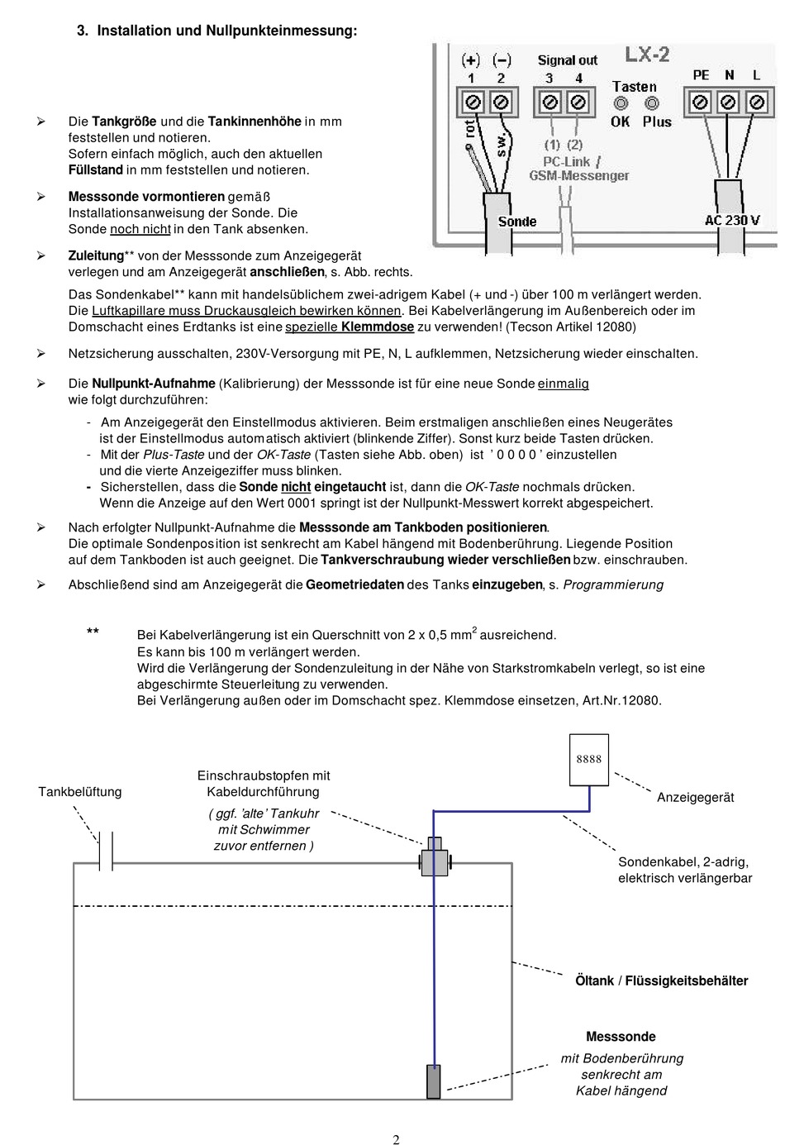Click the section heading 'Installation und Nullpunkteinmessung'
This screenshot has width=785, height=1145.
[x=226, y=31]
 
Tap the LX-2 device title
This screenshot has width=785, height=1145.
[x=647, y=55]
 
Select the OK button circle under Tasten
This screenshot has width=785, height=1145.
[x=621, y=103]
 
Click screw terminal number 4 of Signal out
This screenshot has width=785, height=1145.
[x=578, y=103]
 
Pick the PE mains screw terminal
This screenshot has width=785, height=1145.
[x=700, y=103]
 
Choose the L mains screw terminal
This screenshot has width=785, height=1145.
[x=756, y=103]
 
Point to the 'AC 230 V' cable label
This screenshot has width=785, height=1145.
[x=732, y=221]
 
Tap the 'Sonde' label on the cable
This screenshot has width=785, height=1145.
[x=517, y=222]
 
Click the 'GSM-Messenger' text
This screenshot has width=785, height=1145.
[x=578, y=175]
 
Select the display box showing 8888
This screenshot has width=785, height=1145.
[x=589, y=759]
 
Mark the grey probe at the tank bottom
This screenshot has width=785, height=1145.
[x=433, y=1081]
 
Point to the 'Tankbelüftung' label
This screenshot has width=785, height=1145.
[x=80, y=792]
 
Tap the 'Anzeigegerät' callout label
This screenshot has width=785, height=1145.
[x=695, y=797]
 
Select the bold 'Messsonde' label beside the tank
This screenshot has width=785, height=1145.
[x=621, y=1037]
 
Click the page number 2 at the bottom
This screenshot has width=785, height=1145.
[x=396, y=1139]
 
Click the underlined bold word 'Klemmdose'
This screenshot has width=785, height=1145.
[x=378, y=327]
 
